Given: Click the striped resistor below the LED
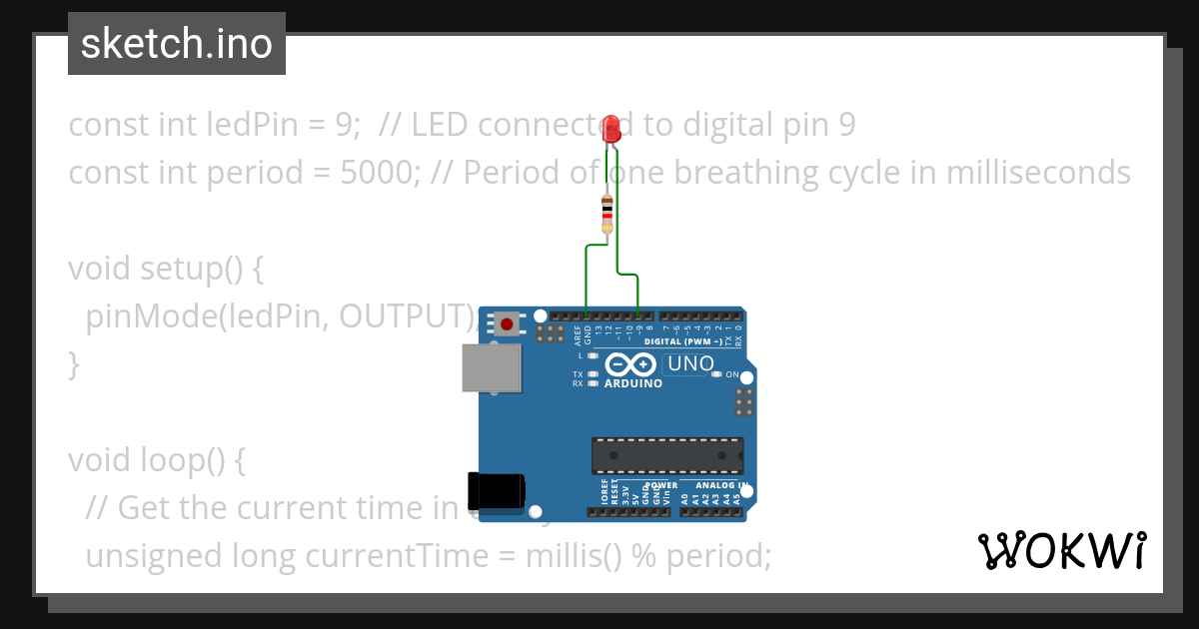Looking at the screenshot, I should coord(607,214).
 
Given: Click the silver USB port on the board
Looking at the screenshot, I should coord(491,368).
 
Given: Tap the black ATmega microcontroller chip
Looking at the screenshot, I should coord(666,454).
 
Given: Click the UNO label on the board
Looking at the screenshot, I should coord(689,364).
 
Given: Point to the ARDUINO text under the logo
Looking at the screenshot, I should coord(633,383).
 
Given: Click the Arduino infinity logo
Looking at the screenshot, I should coord(630,365).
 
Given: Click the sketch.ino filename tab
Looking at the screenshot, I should coord(177,44).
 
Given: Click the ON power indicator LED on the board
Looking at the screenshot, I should coord(716,374).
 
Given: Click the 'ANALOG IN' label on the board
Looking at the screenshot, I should coord(721,486).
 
